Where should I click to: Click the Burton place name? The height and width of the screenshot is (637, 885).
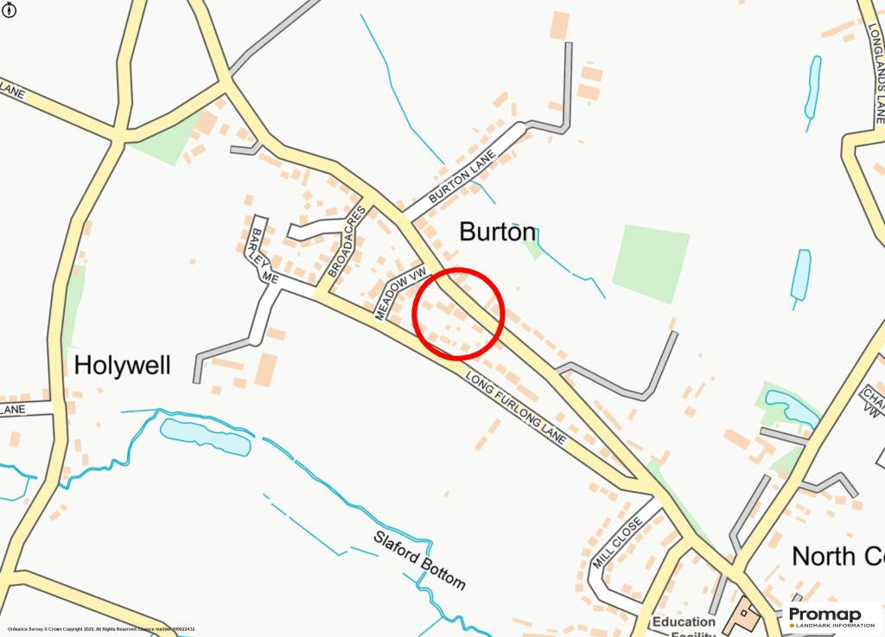click(x=498, y=233)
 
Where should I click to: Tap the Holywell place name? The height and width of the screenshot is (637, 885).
click(x=122, y=365)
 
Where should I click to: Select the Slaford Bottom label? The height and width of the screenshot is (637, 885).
click(x=419, y=559)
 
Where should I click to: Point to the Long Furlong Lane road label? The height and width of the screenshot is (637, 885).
click(x=515, y=409)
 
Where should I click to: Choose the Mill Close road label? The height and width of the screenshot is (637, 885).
click(x=617, y=543)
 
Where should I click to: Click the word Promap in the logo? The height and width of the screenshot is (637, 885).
click(x=825, y=614)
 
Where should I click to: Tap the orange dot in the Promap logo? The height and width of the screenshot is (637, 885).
click(x=792, y=625)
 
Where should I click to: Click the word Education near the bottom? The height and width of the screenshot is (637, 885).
click(x=684, y=622)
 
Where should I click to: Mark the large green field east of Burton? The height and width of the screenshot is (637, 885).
click(x=651, y=263)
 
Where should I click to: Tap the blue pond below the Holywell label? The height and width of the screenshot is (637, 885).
click(x=206, y=436)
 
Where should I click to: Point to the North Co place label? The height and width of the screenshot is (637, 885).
click(x=837, y=556)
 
